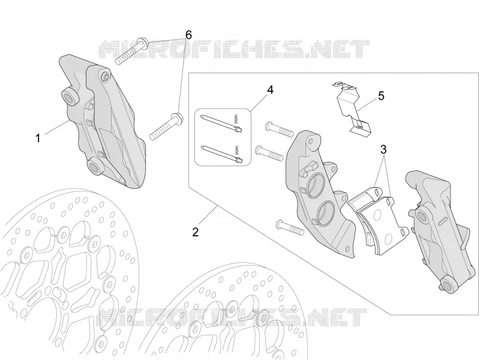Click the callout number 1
pos(38,139)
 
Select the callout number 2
pos(196,232)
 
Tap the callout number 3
pos(383,149)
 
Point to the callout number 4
pos(270,89)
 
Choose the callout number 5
pos(381,96)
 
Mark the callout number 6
pos(188,35)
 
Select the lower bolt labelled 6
pos(166,127)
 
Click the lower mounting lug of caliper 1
pos(95,167)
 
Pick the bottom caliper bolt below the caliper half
pos(290,228)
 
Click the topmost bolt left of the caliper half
pos(279,129)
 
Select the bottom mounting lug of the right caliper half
pos(449,284)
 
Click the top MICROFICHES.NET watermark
pos(234,49)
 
